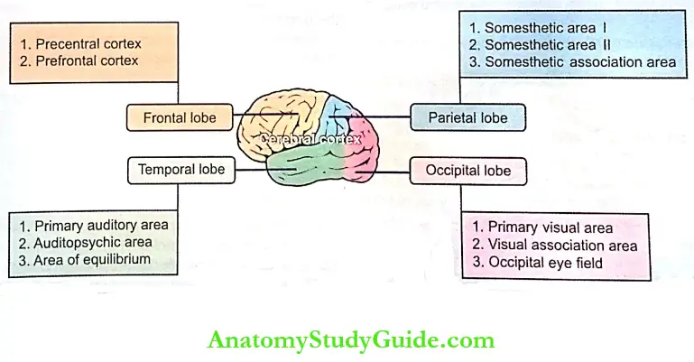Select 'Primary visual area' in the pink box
[542, 227]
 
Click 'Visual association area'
[555, 246]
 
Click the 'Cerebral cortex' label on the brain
[310, 140]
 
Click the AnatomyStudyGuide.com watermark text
[347, 340]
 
